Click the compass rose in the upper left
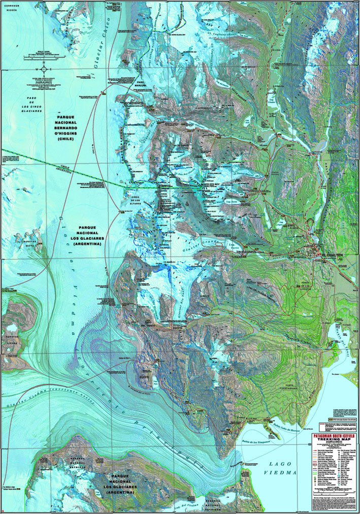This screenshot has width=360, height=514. pyautogui.click(x=45, y=69)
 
